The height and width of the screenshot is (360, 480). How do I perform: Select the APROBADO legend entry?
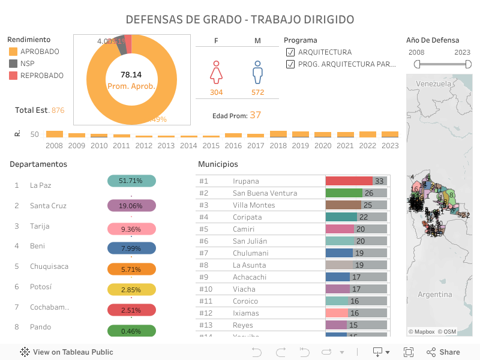pos(40,52)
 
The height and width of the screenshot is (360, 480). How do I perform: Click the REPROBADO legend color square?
pos(13,76)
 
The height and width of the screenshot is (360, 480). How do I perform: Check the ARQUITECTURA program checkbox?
pos(290,52)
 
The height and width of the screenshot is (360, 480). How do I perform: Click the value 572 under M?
pos(257,92)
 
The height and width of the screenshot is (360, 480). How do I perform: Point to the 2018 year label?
pos(278,145)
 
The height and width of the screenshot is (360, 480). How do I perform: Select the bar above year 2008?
pos(55,134)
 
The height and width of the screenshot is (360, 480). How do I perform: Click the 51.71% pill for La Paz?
pos(131,181)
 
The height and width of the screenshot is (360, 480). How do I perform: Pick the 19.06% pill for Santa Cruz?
pos(131,206)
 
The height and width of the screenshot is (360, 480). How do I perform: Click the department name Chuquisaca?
pos(49,266)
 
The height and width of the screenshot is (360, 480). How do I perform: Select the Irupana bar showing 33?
pos(349,181)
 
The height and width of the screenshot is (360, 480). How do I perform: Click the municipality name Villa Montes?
pos(254,205)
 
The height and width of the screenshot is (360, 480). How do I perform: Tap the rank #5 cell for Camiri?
pos(204,229)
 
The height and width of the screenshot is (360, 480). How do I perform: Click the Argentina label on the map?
pos(434,295)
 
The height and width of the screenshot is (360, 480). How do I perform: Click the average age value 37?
pos(256,115)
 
